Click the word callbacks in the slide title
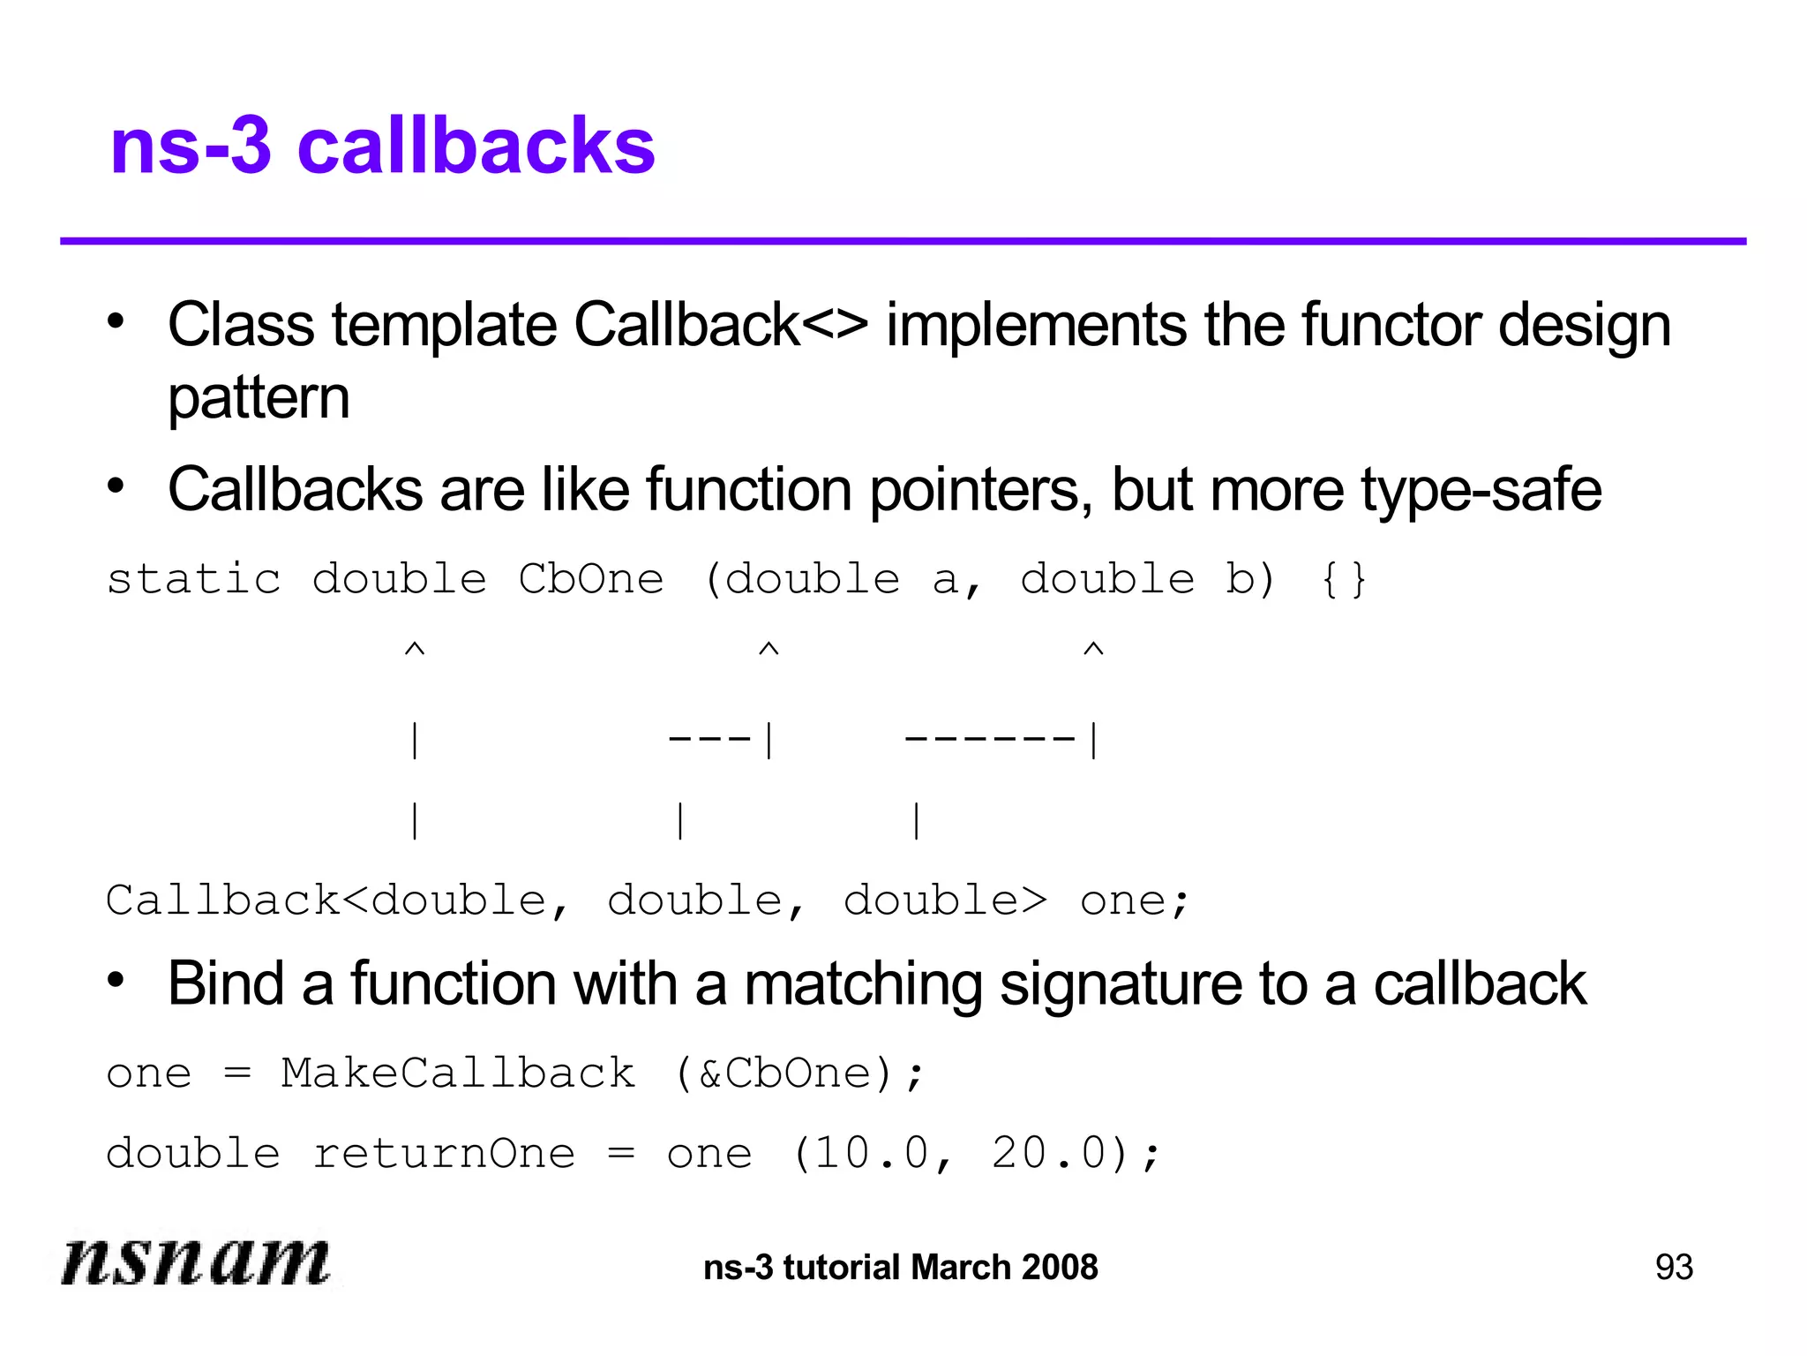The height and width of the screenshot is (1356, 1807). click(x=476, y=146)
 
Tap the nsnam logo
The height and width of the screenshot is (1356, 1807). click(x=196, y=1261)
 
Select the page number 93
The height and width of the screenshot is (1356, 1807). click(x=1674, y=1267)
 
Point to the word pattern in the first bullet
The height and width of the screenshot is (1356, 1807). click(x=259, y=399)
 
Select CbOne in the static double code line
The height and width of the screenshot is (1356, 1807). click(x=591, y=580)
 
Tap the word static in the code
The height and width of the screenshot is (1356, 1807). click(x=194, y=580)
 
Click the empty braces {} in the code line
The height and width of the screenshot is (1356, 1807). click(x=1344, y=580)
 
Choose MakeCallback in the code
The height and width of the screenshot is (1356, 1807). click(x=458, y=1073)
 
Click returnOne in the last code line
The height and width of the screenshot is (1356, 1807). click(x=444, y=1154)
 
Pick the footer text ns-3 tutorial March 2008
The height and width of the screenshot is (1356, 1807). click(x=901, y=1268)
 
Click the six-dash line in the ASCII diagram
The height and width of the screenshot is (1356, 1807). click(x=990, y=738)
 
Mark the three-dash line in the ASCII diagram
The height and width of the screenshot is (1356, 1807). click(x=709, y=738)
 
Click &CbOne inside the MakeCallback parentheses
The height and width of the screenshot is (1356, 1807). click(x=785, y=1073)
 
